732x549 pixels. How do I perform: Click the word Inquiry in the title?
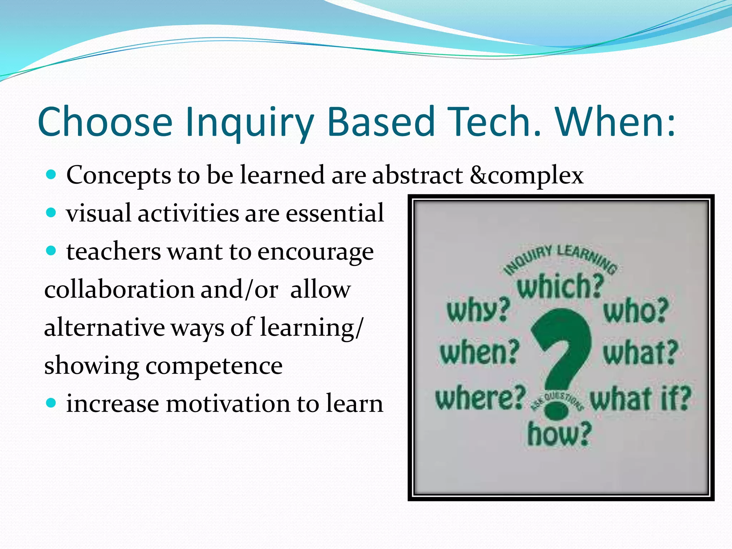point(249,122)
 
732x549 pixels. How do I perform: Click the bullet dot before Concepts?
point(51,175)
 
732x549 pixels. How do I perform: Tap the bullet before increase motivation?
point(51,404)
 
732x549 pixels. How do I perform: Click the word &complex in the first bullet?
point(526,175)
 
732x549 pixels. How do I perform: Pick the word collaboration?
point(119,290)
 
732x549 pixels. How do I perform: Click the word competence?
point(214,366)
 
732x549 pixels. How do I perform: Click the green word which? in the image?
point(560,286)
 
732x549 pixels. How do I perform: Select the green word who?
point(636,311)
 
